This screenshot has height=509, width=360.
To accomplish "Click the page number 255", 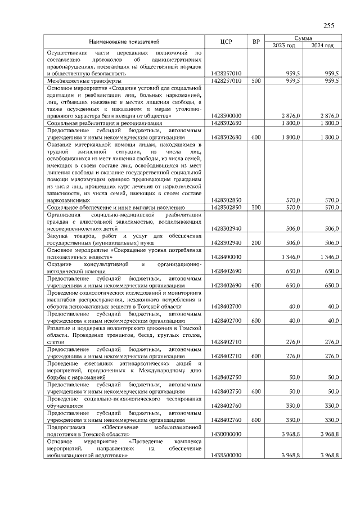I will point(329,26).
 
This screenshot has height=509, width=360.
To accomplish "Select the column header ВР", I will point(256,42).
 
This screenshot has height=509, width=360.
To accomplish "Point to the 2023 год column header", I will point(284,46).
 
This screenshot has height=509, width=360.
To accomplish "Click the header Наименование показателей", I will point(124,42).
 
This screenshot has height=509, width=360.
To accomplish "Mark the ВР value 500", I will point(256,80).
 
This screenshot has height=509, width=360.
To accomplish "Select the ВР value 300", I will point(256,208).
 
